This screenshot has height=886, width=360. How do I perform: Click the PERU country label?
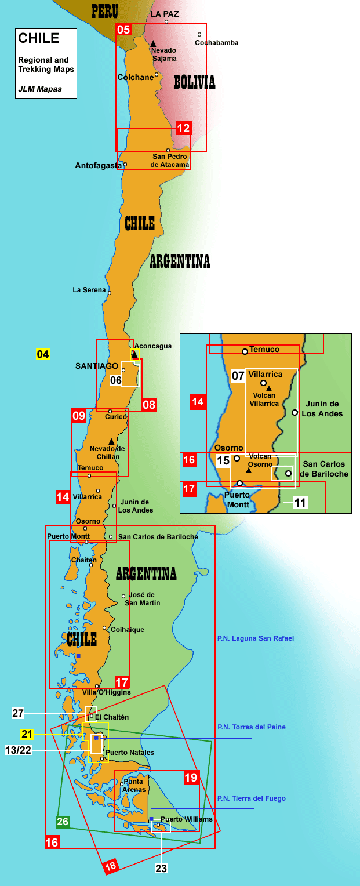[x=105, y=11]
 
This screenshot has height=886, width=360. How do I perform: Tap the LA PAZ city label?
[x=165, y=13]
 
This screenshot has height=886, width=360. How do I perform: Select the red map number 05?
[x=123, y=29]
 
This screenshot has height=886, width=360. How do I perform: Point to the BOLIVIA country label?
[x=195, y=82]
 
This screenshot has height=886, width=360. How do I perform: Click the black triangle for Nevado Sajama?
[x=153, y=43]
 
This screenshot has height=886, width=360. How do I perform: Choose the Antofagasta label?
[x=98, y=166]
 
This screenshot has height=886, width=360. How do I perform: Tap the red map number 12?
[x=183, y=129]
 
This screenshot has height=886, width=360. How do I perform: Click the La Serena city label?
[x=89, y=290]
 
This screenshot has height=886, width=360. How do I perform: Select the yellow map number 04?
[x=43, y=354]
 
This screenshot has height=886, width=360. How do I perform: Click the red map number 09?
[x=79, y=415]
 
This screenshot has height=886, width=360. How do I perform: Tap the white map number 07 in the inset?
[x=238, y=375]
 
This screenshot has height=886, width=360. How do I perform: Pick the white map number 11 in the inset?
[x=300, y=502]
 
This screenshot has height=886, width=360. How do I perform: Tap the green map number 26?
[x=63, y=822]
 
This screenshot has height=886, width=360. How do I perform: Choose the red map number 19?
[x=191, y=777]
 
